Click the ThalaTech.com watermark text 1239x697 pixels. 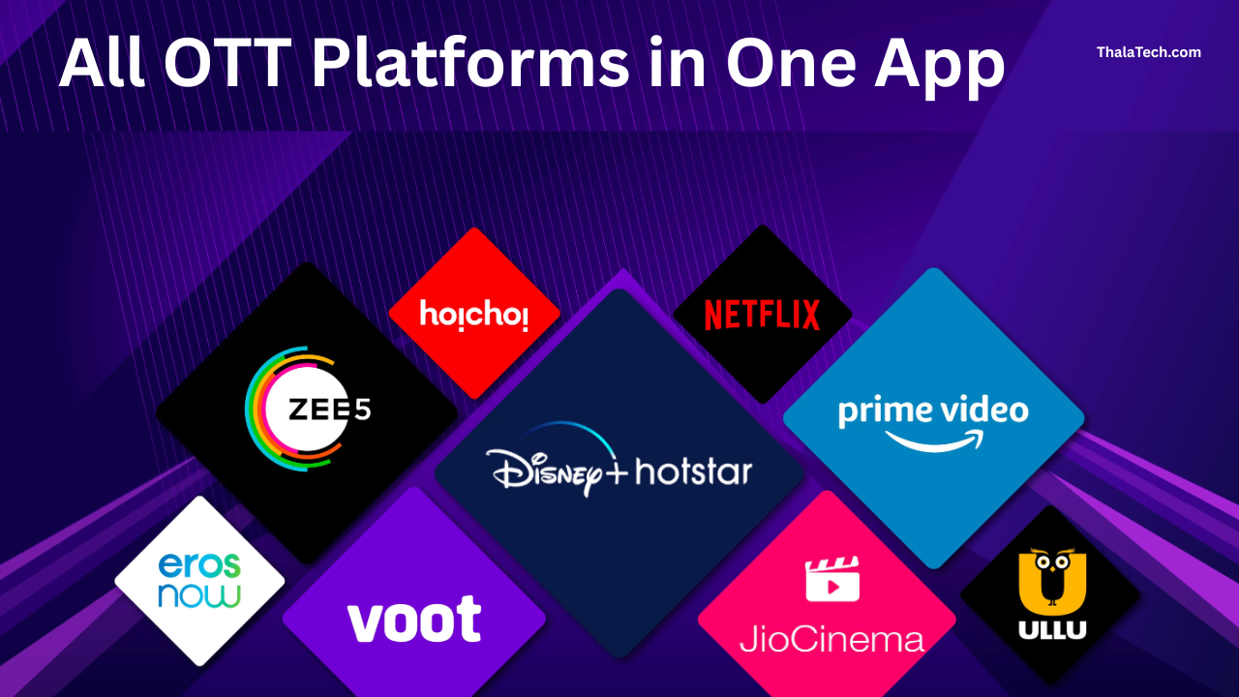point(1148,52)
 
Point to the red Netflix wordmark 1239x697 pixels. point(762,316)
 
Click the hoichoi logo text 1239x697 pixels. point(474,315)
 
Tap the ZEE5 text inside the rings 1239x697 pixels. point(329,409)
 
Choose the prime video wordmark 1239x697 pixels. point(933,410)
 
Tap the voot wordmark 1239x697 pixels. point(414,620)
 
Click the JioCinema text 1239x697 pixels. point(831,640)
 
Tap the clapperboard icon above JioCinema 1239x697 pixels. point(832,579)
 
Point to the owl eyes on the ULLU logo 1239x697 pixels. point(1052,559)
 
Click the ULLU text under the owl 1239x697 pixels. point(1052,630)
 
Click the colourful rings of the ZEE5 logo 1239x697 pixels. point(259,409)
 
